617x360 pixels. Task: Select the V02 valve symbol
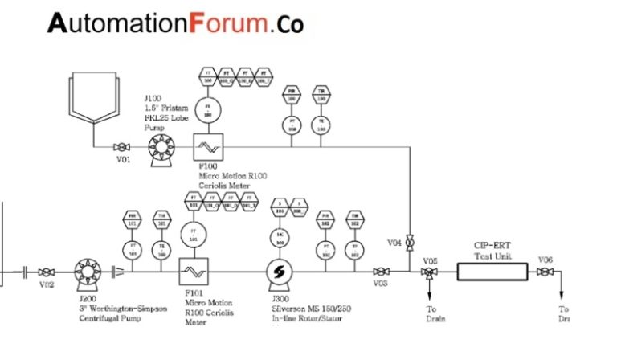(47, 272)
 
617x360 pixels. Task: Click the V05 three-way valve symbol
(430, 273)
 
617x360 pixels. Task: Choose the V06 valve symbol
(545, 273)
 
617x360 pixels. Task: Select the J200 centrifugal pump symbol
(86, 272)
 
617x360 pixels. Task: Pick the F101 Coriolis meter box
(193, 272)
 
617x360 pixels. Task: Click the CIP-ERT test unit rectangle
(492, 272)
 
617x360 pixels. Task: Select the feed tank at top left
(94, 100)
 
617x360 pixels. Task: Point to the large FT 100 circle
(210, 109)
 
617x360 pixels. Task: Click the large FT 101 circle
(193, 235)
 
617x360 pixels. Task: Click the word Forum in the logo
(228, 23)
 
